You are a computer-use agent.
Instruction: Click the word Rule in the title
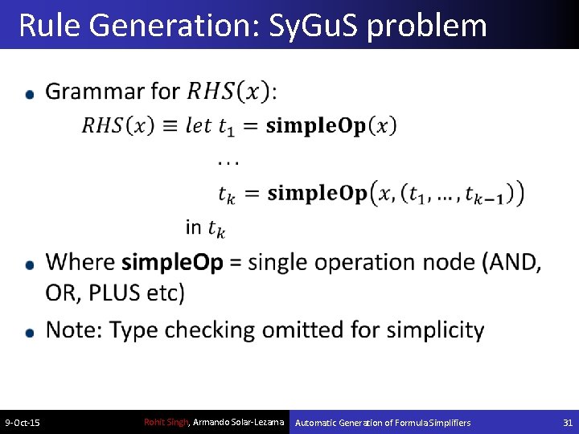[x=50, y=26]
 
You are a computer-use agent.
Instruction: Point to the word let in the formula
[x=198, y=125]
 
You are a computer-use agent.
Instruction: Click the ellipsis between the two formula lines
[x=228, y=162]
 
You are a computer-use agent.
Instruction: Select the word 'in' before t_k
[x=193, y=227]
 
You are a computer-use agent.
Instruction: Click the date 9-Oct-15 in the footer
[x=23, y=423]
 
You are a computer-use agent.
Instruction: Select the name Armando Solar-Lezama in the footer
[x=240, y=422]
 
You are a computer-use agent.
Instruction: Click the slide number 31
[x=567, y=423]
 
